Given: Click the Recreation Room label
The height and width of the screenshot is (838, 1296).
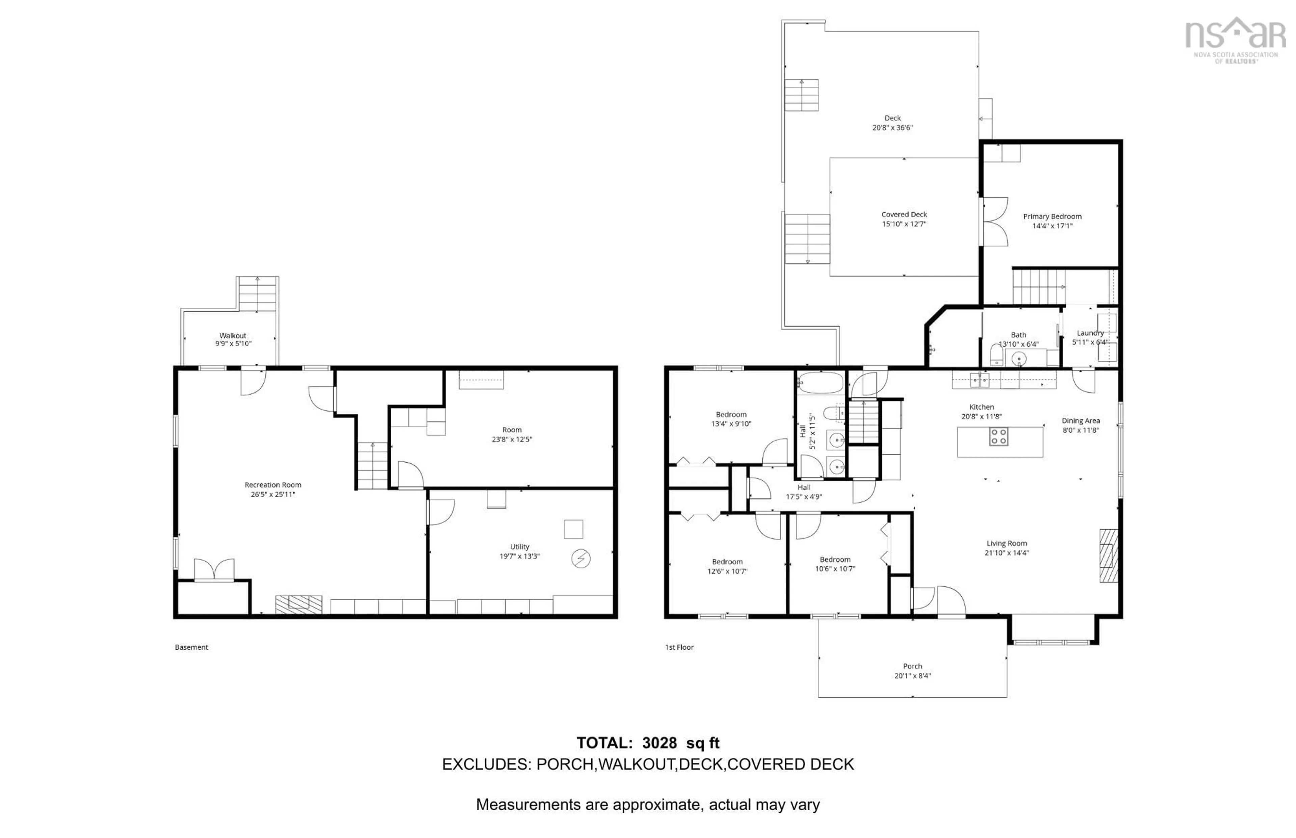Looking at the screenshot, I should point(273,485).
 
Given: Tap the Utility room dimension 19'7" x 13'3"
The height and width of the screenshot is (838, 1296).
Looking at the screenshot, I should point(519,556).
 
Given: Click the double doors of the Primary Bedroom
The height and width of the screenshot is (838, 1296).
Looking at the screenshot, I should point(995,222).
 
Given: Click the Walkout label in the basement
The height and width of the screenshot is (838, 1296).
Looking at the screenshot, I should point(233,336).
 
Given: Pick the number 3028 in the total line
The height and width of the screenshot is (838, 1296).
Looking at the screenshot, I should point(659,743).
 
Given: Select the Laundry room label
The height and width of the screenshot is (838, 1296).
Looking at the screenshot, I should point(1090,333).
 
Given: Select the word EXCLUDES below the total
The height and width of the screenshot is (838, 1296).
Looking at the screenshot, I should point(486,764).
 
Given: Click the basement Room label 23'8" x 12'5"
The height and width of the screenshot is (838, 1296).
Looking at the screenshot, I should point(512,430).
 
